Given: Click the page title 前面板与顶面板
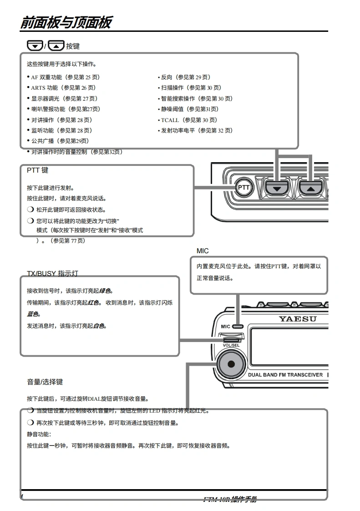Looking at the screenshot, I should click(x=66, y=22).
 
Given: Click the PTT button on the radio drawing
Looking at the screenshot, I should click(x=244, y=187).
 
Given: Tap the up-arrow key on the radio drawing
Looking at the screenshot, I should click(x=310, y=187).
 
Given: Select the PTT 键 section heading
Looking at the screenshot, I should click(x=37, y=170).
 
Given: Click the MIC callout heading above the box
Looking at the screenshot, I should click(x=203, y=251).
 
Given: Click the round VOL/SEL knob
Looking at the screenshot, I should click(x=231, y=363).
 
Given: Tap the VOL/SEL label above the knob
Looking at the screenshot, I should click(x=231, y=345).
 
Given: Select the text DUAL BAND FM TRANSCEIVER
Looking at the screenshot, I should click(x=285, y=375).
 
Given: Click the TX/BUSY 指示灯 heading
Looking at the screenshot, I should click(x=52, y=273).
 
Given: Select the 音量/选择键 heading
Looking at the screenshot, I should click(x=45, y=382).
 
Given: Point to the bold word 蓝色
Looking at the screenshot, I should click(x=33, y=314).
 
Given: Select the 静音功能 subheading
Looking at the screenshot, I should click(x=39, y=434).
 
